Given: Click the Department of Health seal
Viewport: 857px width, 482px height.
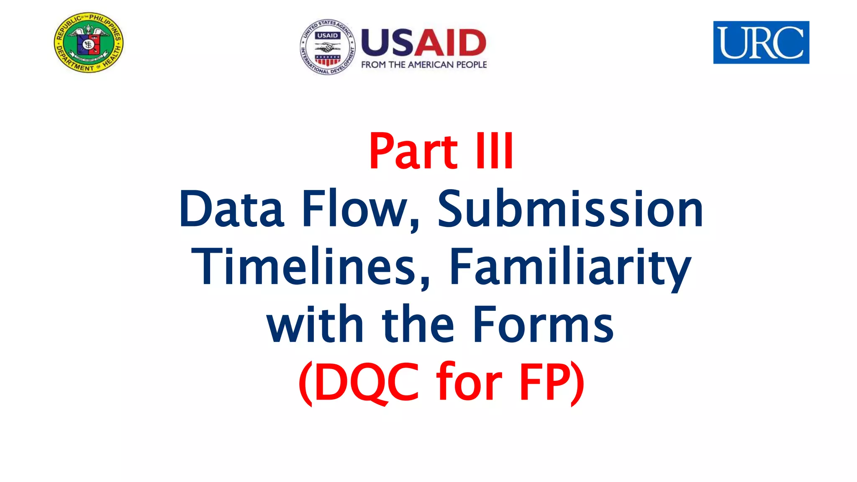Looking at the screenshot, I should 89,43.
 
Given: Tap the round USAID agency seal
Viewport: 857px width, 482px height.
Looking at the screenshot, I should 328,47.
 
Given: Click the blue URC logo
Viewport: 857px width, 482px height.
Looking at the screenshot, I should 761,42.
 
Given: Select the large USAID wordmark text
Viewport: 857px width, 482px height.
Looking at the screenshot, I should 423,43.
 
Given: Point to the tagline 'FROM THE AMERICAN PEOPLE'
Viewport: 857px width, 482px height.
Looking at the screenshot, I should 424,65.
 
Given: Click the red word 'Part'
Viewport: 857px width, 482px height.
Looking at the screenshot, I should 413,151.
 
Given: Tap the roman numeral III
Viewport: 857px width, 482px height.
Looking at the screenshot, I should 494,151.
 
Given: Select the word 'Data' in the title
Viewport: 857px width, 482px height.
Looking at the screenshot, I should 232,209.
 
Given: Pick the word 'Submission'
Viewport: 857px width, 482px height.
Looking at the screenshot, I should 570,209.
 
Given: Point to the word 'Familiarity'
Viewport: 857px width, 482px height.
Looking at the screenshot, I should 570,267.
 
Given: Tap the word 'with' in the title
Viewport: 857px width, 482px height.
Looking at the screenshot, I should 315,325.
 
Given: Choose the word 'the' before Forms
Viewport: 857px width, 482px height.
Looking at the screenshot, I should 418,325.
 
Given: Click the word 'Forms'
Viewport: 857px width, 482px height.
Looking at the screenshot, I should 543,325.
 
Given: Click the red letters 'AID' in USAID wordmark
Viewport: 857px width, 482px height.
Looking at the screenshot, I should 450,43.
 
